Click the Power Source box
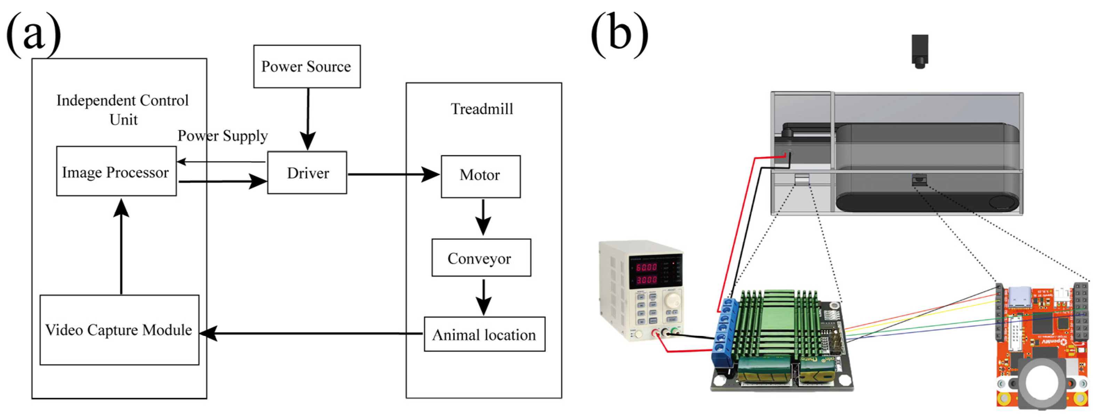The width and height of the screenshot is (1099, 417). point(306,66)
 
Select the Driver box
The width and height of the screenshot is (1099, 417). point(307,173)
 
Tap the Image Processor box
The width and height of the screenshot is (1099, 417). point(116,171)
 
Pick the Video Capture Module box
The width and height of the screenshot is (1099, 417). point(119,329)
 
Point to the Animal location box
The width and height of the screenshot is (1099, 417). point(484,334)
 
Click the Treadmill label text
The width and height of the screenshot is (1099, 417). point(482,109)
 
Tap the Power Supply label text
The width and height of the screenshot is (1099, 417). point(222,136)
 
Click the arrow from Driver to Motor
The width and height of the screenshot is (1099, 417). point(393,174)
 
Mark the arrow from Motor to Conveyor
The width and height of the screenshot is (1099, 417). point(483,218)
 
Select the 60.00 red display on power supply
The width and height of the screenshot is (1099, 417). point(646,267)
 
